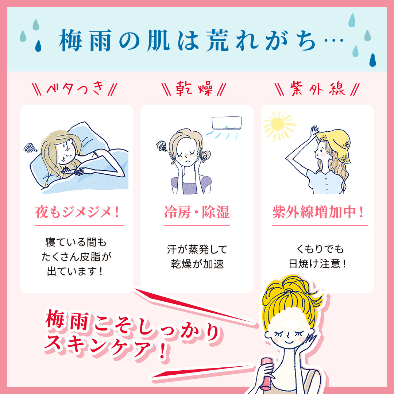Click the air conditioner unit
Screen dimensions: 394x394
(227, 123)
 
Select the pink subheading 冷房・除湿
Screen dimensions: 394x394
(197, 212)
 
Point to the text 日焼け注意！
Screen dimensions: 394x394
(317, 264)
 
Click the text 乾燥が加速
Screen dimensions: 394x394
(197, 264)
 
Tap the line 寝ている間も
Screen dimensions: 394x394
(77, 242)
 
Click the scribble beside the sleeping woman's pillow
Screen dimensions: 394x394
(30, 147)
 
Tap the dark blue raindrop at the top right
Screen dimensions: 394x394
(372, 60)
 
